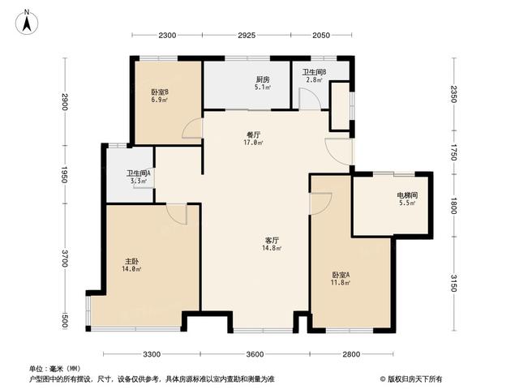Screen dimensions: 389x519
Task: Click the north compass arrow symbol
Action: (x=26, y=22)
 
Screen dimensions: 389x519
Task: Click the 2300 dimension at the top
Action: (x=168, y=36)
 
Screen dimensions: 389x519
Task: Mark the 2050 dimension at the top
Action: (x=321, y=36)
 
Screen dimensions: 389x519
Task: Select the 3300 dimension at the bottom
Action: (x=152, y=355)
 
